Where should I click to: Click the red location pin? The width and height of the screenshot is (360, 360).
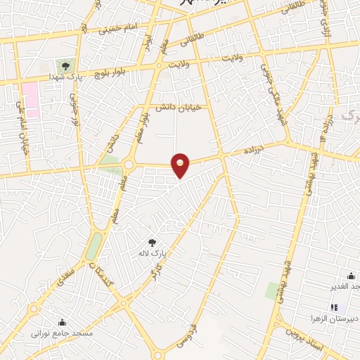pyautogui.click(x=181, y=165)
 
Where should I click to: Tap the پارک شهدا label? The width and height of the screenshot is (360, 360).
pyautogui.click(x=67, y=77)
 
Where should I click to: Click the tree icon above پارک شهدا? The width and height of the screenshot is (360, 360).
pyautogui.click(x=66, y=66)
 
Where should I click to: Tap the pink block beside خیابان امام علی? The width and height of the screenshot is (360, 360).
pyautogui.click(x=30, y=99)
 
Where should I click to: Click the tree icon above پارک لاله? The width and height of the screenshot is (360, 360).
pyautogui.click(x=152, y=243)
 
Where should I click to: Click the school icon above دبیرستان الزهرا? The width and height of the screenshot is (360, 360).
pyautogui.click(x=334, y=307)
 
